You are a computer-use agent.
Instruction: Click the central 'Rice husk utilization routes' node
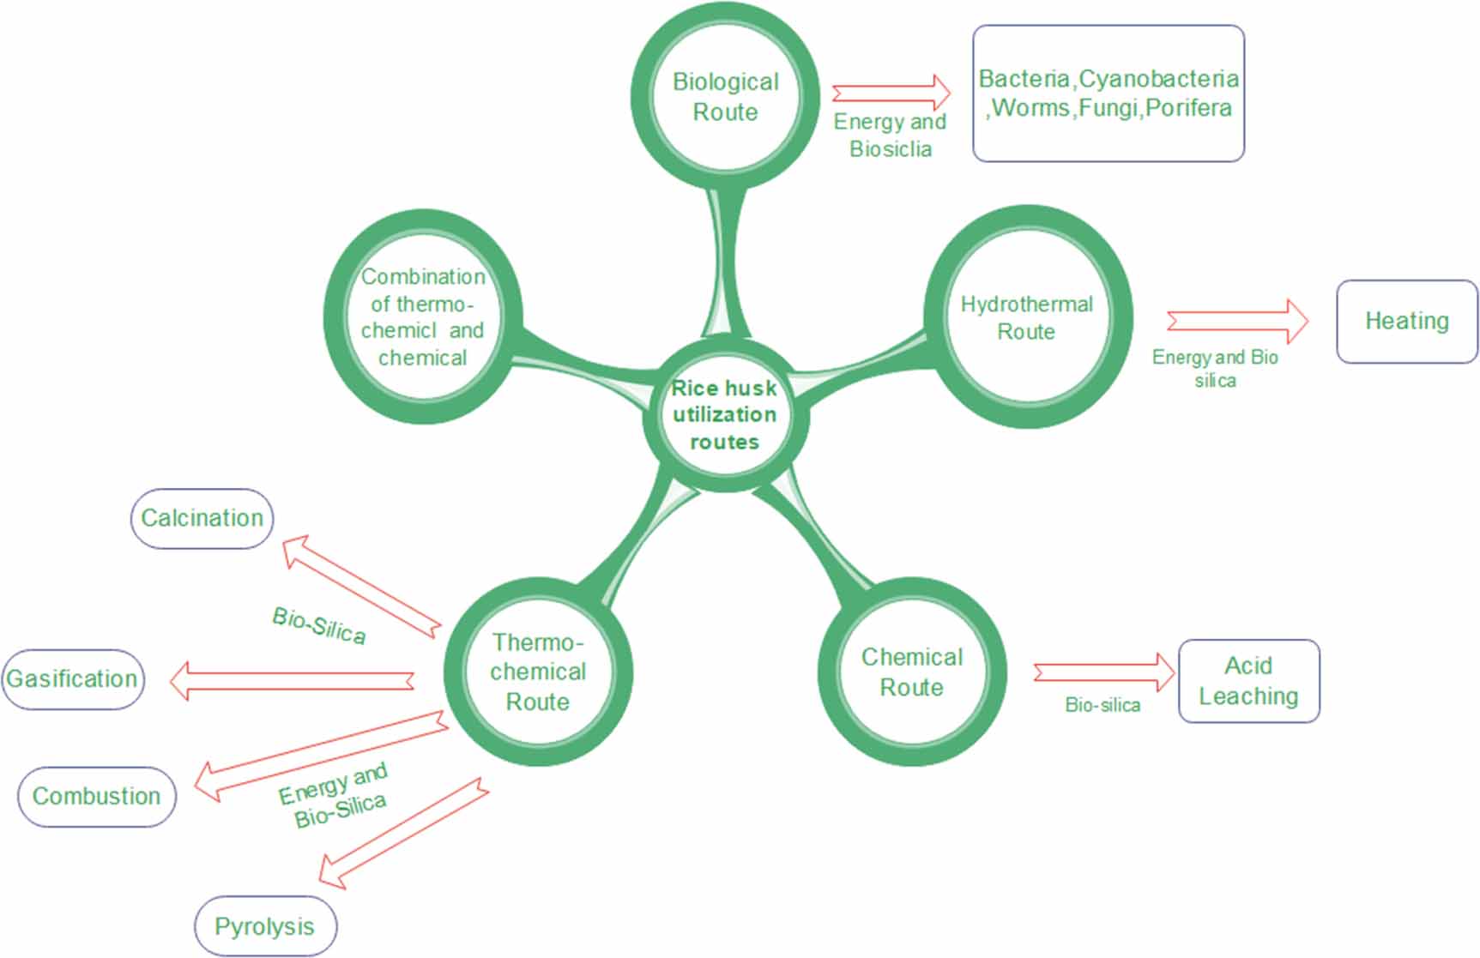(x=725, y=415)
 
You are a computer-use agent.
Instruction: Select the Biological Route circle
(x=725, y=96)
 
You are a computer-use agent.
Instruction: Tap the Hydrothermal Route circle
(x=1027, y=317)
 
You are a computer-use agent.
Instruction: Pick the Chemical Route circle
(x=911, y=672)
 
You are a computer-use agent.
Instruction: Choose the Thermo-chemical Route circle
(x=538, y=672)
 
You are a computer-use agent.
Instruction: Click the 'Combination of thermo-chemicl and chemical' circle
(x=423, y=317)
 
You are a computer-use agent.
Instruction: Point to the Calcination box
(x=202, y=518)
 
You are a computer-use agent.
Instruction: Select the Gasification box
(x=72, y=679)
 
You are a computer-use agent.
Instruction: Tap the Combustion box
(x=96, y=797)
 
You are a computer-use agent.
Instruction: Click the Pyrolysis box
(x=265, y=926)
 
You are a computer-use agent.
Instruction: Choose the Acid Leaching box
(x=1248, y=681)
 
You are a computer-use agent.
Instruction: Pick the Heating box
(x=1407, y=322)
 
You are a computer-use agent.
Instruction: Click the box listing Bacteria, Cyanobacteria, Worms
(x=1108, y=93)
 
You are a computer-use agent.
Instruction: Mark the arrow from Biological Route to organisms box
(x=891, y=93)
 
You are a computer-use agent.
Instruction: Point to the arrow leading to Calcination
(x=361, y=587)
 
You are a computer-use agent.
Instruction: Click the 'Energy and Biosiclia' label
(x=890, y=136)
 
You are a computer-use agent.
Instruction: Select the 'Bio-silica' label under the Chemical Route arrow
(x=1102, y=705)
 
